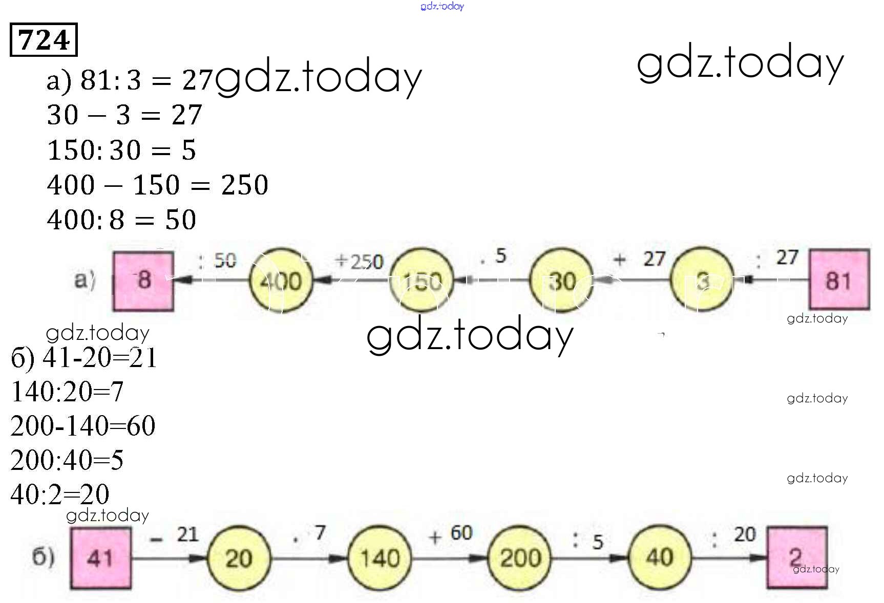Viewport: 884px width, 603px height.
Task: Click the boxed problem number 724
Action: point(44,39)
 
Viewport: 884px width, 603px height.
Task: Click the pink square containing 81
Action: point(838,279)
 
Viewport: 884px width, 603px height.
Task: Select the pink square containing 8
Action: point(143,280)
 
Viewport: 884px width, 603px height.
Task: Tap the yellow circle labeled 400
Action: point(281,281)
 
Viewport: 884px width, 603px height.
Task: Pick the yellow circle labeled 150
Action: point(422,281)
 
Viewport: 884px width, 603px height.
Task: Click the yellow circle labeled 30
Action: point(561,281)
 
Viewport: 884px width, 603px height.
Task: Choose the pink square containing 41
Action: point(100,557)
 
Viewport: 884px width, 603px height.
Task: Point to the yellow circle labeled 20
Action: point(239,557)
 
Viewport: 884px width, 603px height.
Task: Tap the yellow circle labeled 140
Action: point(380,557)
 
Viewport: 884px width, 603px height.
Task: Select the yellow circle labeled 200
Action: point(520,557)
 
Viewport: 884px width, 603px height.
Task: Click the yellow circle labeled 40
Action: point(660,557)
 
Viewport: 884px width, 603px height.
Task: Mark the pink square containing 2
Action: point(796,557)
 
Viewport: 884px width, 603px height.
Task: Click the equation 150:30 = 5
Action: point(121,150)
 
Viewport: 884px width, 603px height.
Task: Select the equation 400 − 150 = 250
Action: point(157,185)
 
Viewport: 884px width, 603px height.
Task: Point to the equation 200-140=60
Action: point(82,426)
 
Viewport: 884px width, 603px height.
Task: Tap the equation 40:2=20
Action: point(59,494)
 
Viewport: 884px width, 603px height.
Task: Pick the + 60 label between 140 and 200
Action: point(451,534)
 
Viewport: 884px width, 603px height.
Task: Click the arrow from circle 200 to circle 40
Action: point(590,558)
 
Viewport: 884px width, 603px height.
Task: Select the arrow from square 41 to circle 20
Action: point(169,558)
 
